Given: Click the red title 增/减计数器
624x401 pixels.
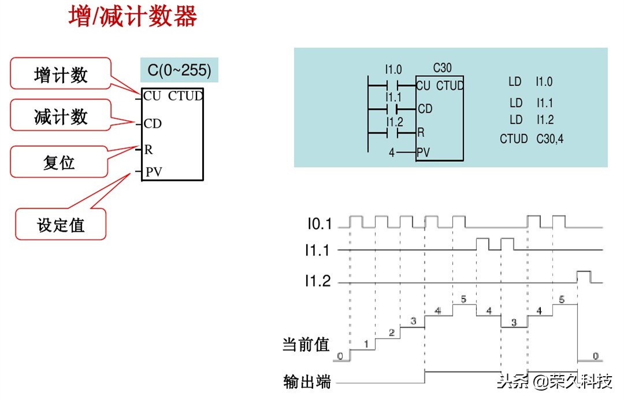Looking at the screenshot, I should (x=133, y=17).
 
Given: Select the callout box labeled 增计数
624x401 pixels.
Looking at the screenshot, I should (x=60, y=74).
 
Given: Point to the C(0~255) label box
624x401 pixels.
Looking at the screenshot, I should (x=179, y=70).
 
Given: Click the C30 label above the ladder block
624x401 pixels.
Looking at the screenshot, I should (x=442, y=68).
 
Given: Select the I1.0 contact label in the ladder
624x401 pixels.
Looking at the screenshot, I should (x=393, y=70).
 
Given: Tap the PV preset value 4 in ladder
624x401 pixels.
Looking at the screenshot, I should (x=392, y=154).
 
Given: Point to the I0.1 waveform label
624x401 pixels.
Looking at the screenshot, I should (x=319, y=222).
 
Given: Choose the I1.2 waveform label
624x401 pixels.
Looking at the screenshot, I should (x=318, y=281).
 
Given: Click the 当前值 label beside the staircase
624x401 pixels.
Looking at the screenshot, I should (x=306, y=345).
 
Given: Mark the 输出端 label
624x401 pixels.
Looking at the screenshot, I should (x=307, y=382).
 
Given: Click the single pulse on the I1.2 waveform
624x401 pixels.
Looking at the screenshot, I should (x=583, y=276).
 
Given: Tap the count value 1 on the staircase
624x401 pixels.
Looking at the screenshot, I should (x=365, y=344).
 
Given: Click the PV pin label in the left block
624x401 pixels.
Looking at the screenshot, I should (x=154, y=172).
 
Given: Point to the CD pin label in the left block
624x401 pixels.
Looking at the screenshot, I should (x=153, y=123).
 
